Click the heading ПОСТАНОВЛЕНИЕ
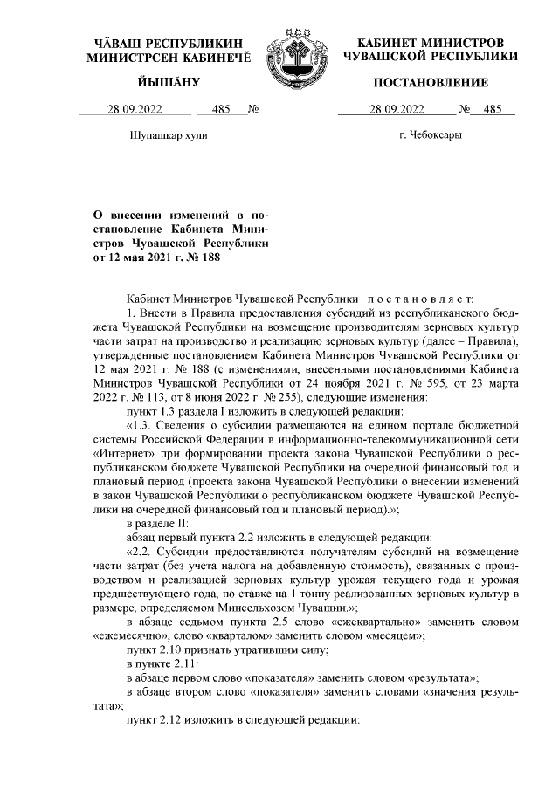point(431,82)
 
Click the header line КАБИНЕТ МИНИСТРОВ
point(431,43)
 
